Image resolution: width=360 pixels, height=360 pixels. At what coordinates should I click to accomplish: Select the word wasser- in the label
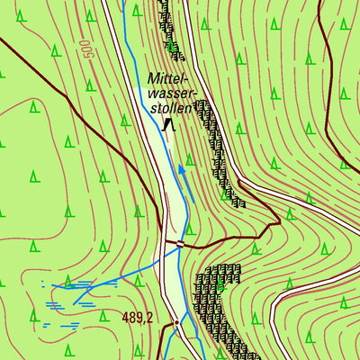coord(171,93)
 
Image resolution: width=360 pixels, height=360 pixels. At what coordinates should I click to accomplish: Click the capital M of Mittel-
coord(153,78)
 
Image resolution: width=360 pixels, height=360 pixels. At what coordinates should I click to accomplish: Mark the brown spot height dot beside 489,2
coord(177,321)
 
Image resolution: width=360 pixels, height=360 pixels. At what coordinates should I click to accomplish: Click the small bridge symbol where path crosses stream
coord(180,243)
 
